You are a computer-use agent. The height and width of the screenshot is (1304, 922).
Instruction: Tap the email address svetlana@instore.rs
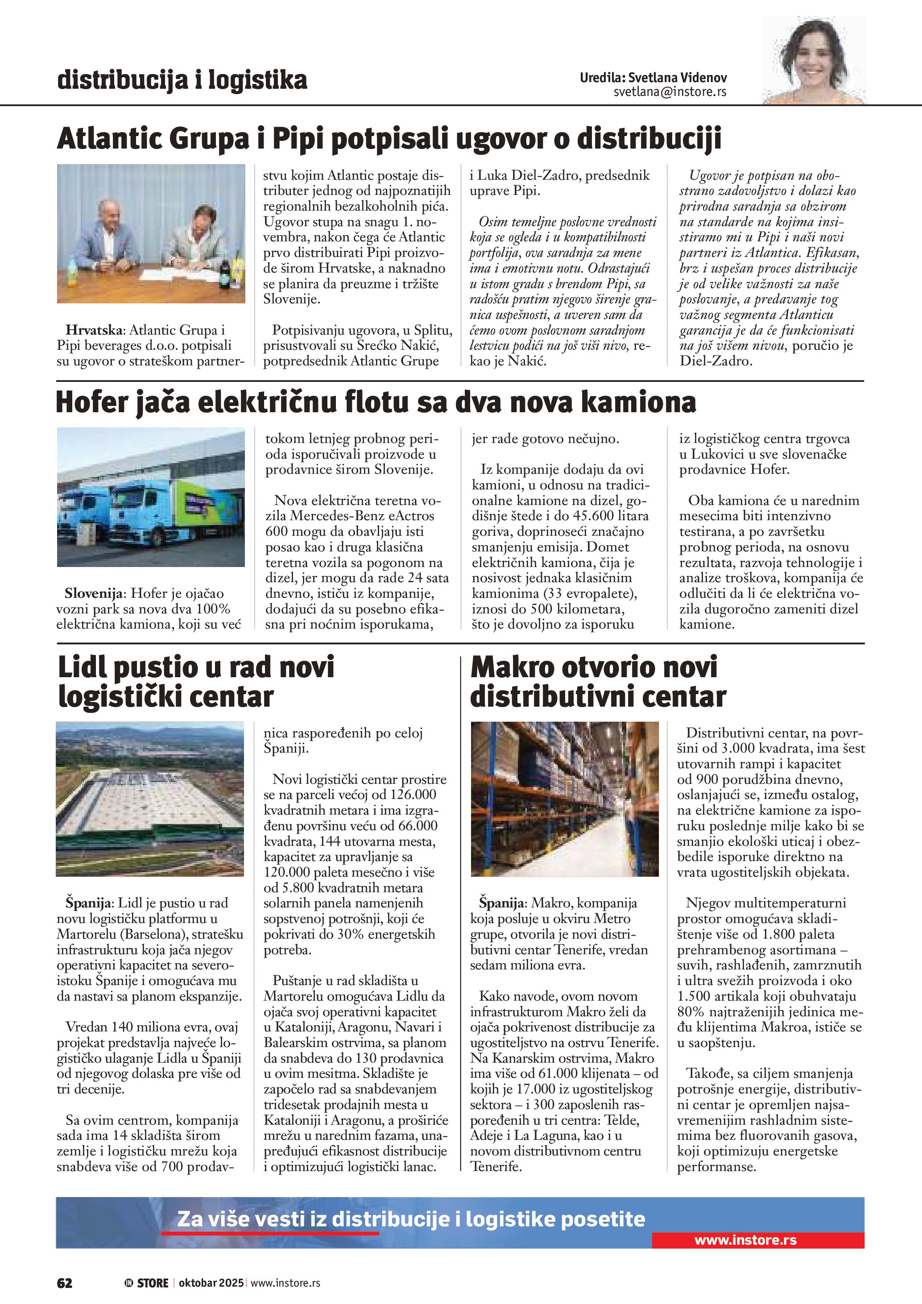click(670, 92)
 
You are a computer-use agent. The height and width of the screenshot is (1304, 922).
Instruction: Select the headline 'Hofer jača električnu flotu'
click(375, 402)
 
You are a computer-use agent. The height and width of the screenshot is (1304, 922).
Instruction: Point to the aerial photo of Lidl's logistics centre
click(150, 799)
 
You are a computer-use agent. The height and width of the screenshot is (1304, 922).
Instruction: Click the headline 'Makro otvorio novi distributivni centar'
click(597, 682)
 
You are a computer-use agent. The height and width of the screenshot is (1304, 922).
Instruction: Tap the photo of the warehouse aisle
click(564, 799)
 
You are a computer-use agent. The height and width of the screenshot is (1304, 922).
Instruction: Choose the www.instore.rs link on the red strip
click(745, 1240)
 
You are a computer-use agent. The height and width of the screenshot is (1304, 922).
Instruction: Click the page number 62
click(65, 1283)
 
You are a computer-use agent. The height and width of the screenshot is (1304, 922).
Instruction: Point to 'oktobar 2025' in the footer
click(211, 1283)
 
